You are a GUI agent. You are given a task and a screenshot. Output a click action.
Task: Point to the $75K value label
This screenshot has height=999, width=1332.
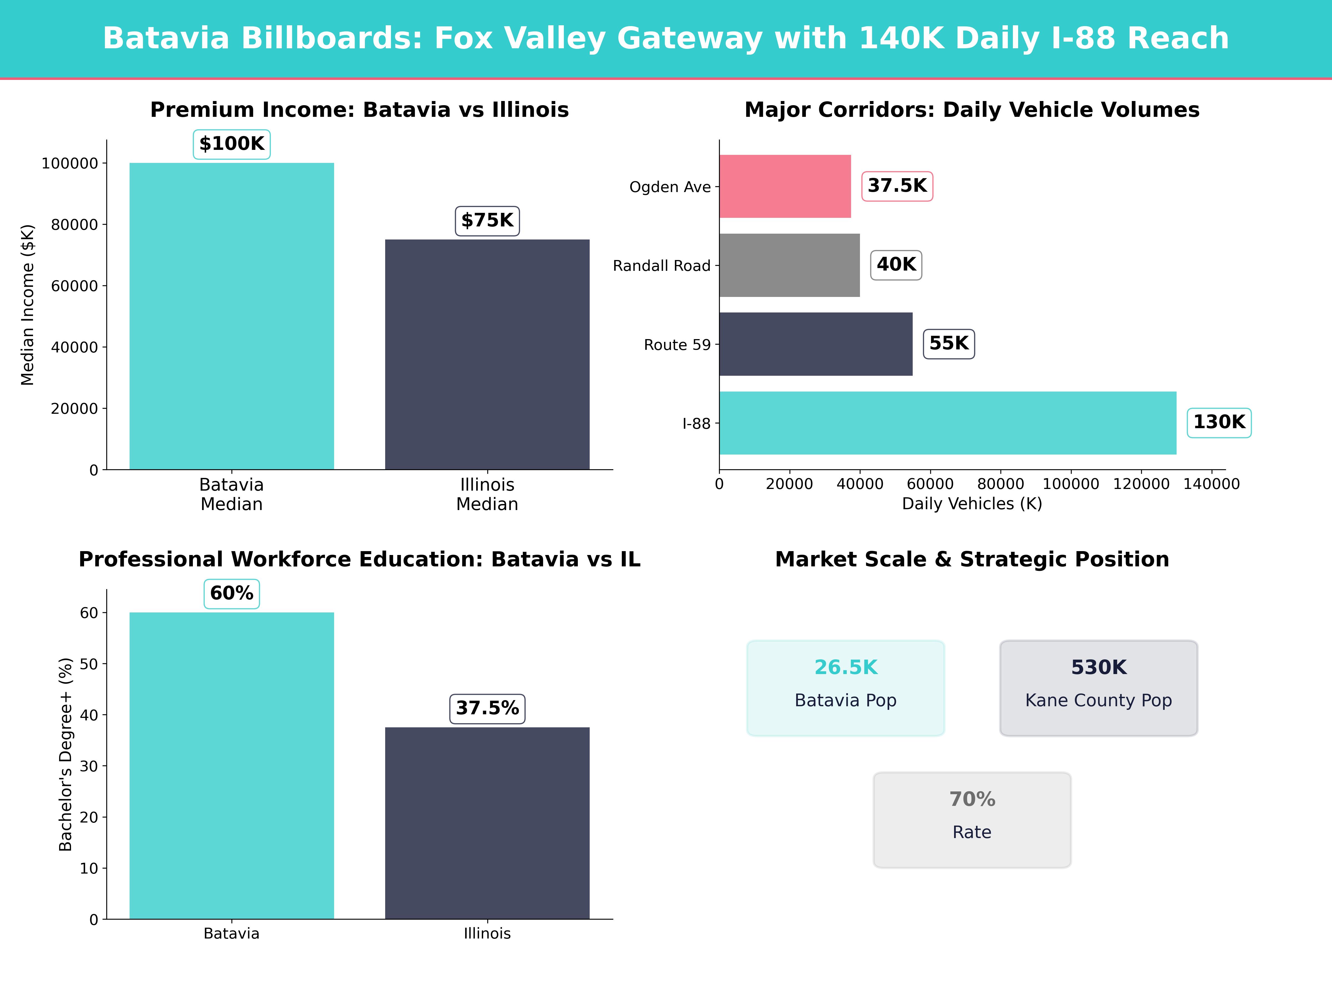487,220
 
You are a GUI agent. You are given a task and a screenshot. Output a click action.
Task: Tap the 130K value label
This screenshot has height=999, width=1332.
1219,422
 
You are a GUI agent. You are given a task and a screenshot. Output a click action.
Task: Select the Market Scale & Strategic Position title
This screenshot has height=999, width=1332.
972,559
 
